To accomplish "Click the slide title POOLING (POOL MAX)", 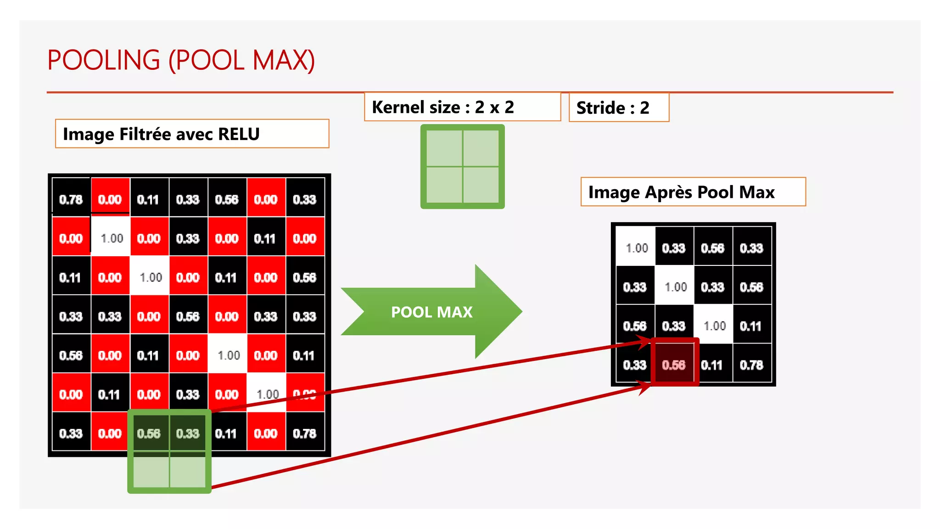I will click(181, 60).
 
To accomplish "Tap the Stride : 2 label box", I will click(613, 108).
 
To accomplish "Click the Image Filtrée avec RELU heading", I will click(161, 134).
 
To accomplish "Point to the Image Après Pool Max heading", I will click(681, 192).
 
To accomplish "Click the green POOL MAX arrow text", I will click(431, 312).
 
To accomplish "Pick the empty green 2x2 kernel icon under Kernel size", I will click(462, 166).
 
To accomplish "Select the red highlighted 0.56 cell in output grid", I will click(674, 365).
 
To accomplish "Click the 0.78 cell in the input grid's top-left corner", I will click(71, 200).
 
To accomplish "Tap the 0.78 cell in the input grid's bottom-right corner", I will click(304, 433).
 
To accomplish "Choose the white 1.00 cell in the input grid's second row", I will click(112, 238).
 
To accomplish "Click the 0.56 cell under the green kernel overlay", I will click(149, 433).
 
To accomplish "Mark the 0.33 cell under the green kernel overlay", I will click(188, 433).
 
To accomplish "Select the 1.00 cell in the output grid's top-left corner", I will click(636, 248).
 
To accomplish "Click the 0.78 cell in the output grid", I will click(751, 365).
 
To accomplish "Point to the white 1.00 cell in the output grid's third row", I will click(714, 326).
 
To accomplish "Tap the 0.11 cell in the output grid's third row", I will click(751, 326).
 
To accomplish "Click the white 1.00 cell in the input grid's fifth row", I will click(228, 355).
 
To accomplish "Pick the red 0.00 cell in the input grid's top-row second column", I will click(110, 200).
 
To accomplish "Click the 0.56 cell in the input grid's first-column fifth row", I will click(71, 355).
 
